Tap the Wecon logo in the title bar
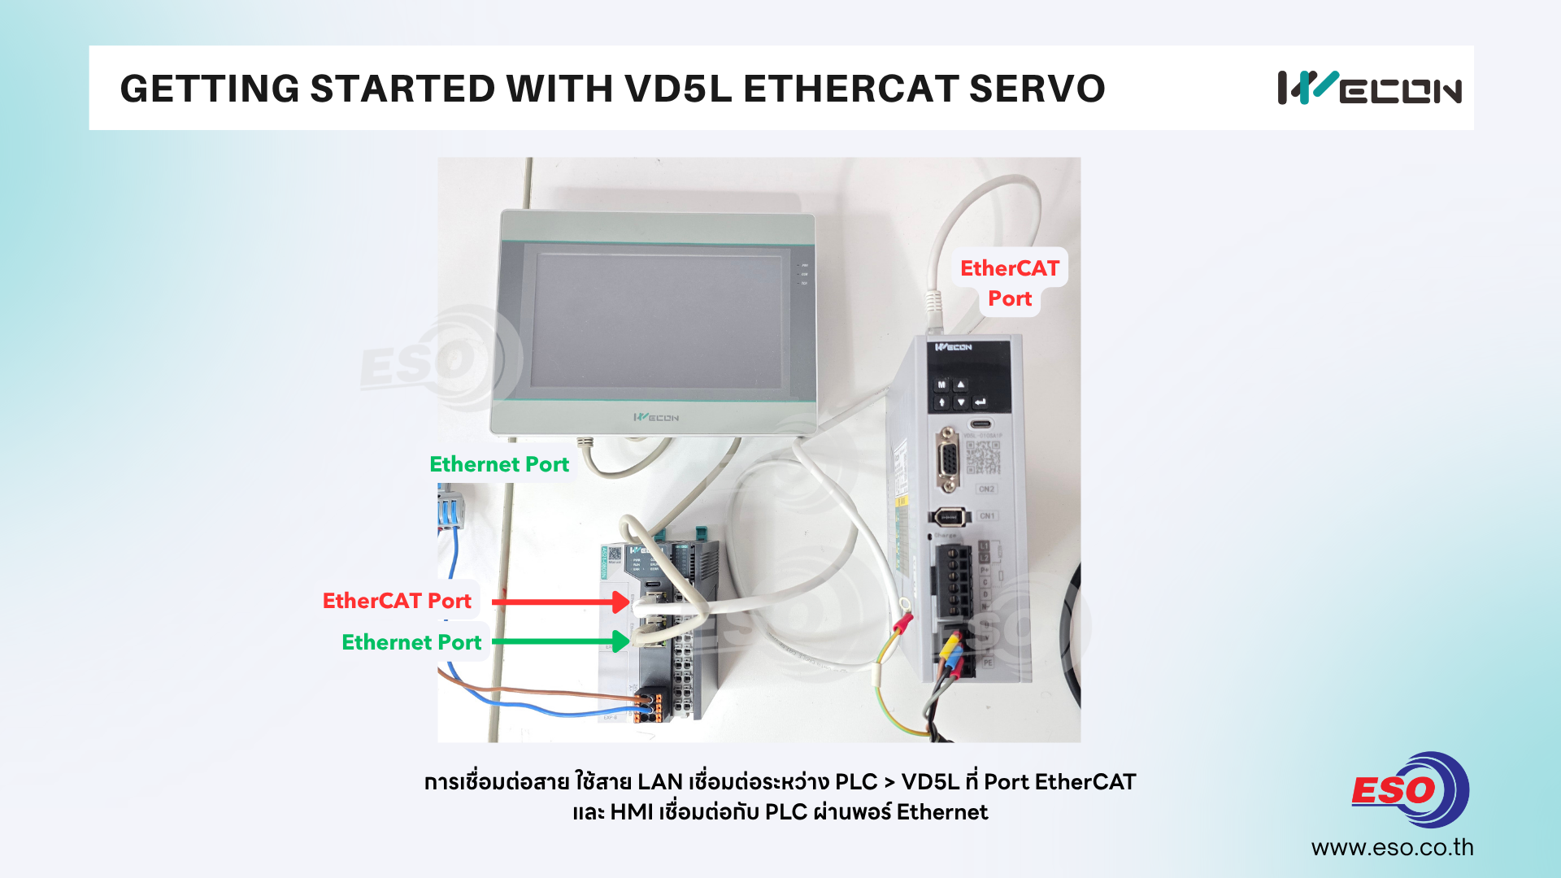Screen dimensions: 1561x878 [1369, 88]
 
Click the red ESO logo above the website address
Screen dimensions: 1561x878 [1410, 789]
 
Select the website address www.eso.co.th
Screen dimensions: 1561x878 [1392, 847]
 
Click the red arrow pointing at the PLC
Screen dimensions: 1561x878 [561, 602]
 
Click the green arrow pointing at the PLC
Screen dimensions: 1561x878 [561, 641]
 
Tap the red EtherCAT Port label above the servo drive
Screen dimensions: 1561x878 [1010, 283]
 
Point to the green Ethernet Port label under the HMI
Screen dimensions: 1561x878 [499, 464]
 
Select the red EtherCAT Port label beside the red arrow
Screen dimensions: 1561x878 [397, 601]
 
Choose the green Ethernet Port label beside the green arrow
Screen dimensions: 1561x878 [411, 642]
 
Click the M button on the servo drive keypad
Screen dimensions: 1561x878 [942, 385]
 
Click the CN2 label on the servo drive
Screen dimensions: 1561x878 [986, 489]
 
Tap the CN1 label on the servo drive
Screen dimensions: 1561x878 [987, 516]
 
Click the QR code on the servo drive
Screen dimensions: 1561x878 [983, 458]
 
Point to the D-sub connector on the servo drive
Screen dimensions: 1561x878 [948, 459]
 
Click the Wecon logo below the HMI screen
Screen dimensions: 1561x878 [656, 417]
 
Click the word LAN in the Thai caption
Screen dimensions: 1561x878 [659, 782]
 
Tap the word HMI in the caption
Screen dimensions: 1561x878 [632, 812]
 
